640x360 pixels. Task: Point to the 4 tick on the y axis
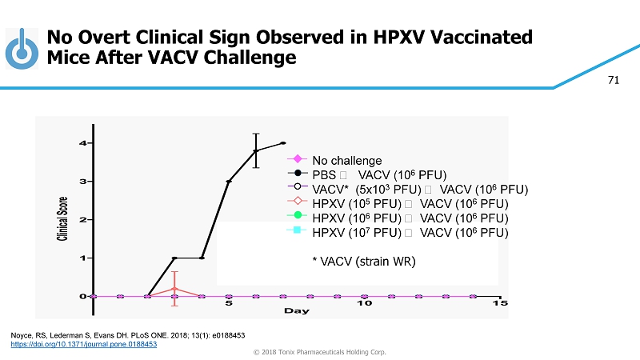82,143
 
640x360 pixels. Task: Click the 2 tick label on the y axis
82,219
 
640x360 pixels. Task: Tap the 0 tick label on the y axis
82,296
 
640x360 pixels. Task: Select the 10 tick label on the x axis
364,304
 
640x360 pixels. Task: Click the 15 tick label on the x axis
499,304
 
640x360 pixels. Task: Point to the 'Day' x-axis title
297,310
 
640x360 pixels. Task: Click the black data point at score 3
229,182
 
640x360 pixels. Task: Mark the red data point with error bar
174,288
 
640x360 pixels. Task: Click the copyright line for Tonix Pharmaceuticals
320,352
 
